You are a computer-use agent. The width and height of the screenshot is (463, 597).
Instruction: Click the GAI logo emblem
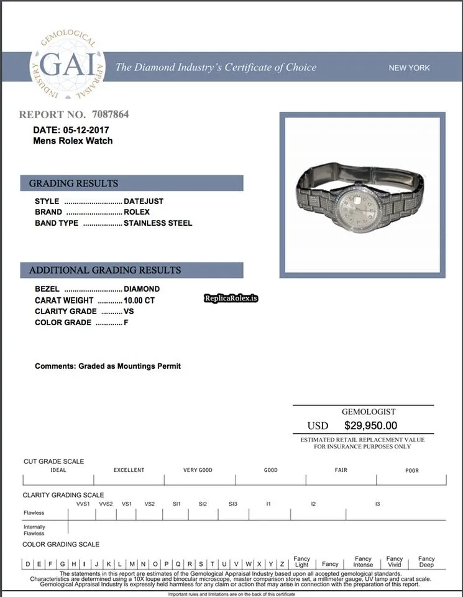(68, 67)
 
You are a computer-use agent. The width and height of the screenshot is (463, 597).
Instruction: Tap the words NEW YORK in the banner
(409, 68)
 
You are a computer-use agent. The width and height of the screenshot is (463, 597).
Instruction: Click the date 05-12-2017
(86, 130)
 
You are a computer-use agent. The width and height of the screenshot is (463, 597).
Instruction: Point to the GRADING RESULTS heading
(73, 183)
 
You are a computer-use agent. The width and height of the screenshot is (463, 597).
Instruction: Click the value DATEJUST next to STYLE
(144, 201)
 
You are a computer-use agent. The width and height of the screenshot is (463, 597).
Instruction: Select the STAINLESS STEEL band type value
(158, 223)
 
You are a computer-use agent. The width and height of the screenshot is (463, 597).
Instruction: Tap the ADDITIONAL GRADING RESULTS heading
(105, 271)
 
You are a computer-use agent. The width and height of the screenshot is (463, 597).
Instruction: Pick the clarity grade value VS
(129, 311)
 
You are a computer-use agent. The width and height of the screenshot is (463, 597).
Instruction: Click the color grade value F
(126, 322)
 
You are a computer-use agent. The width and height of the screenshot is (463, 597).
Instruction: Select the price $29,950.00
(370, 426)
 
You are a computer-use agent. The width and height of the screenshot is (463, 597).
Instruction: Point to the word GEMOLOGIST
(369, 412)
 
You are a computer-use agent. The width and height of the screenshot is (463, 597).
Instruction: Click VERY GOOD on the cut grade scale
(198, 470)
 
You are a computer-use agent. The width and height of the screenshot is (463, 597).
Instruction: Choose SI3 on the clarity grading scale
(232, 504)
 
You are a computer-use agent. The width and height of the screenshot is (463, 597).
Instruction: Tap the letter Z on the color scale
(282, 564)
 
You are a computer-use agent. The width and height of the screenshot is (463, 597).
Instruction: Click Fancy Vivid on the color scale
(395, 562)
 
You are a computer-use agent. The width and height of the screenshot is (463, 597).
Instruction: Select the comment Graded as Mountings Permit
(108, 366)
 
